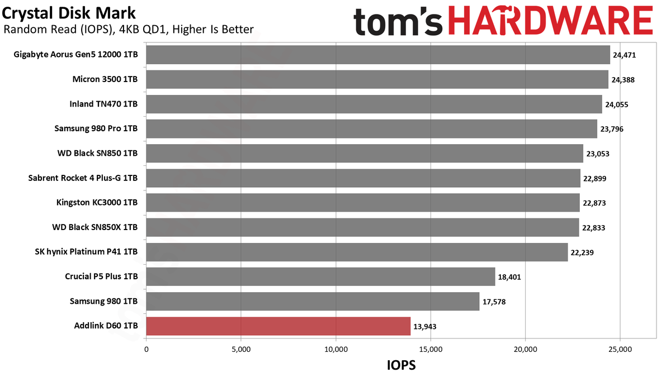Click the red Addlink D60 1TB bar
pyautogui.click(x=278, y=326)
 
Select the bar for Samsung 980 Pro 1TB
pyautogui.click(x=371, y=129)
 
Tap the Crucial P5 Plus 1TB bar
pyautogui.click(x=320, y=277)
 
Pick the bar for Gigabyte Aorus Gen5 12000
pyautogui.click(x=378, y=55)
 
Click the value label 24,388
pyautogui.click(x=623, y=80)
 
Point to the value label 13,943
pyautogui.click(x=425, y=326)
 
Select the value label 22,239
pyautogui.click(x=582, y=252)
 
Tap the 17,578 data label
pyautogui.click(x=494, y=302)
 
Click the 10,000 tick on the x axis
pyautogui.click(x=336, y=350)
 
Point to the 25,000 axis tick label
pyautogui.click(x=620, y=350)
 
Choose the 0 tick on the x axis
pyautogui.click(x=146, y=350)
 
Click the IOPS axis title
pyautogui.click(x=401, y=365)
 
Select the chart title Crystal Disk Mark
pyautogui.click(x=69, y=13)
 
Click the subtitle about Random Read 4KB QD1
pyautogui.click(x=129, y=30)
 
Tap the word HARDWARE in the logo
pyautogui.click(x=551, y=21)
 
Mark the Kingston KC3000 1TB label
pyautogui.click(x=97, y=203)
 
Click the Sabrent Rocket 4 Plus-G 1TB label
pyautogui.click(x=83, y=178)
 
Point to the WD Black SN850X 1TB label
pyautogui.click(x=95, y=227)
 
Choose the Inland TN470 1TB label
pyautogui.click(x=103, y=104)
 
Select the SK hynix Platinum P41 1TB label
pyautogui.click(x=86, y=252)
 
